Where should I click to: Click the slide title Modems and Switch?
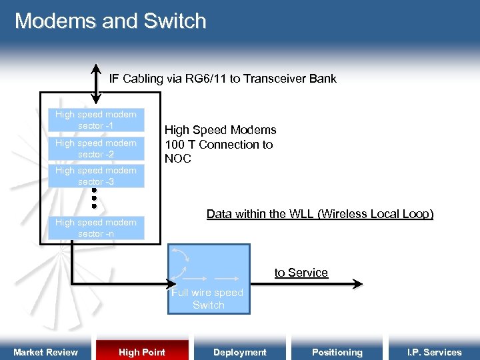coord(111,21)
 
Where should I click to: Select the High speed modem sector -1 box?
coord(96,120)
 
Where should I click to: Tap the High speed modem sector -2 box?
coord(96,149)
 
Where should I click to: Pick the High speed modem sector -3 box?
coord(96,176)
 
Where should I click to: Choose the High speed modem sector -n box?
coord(96,228)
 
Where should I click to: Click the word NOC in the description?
coord(178,159)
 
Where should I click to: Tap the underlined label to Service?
coord(301,273)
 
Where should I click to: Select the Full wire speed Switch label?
coord(208,299)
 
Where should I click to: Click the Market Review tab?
coord(45,352)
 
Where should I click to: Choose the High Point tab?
coord(142,352)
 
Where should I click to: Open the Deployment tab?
coord(239,352)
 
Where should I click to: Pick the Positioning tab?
coord(337,352)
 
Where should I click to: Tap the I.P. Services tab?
coord(435,352)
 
